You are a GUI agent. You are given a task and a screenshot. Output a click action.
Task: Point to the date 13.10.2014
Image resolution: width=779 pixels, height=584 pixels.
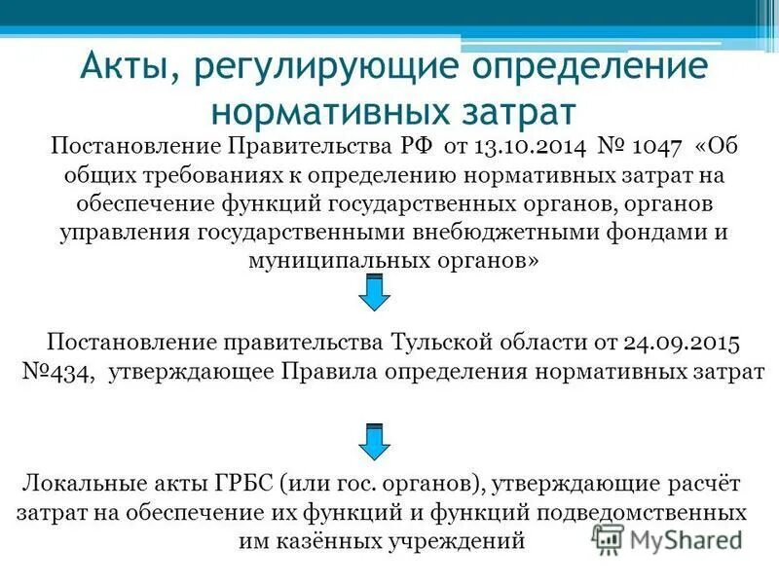point(524,147)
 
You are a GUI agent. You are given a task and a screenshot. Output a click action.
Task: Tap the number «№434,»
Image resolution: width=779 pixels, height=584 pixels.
point(58,374)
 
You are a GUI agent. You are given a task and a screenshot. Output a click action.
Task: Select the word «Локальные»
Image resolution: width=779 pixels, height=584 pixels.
point(83,484)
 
